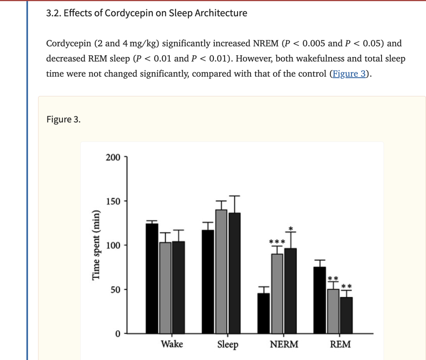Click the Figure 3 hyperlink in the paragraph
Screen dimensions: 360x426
[x=349, y=74]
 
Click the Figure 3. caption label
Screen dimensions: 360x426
[x=64, y=120]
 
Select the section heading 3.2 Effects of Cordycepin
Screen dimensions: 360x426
[x=147, y=13]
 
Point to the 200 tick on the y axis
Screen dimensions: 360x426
[x=114, y=157]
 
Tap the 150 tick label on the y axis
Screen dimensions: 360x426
[x=114, y=201]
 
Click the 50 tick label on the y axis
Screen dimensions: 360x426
[x=116, y=290]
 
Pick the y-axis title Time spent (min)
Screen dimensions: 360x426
[x=96, y=246]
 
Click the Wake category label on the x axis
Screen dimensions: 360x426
[x=172, y=344]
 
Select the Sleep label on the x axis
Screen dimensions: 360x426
[x=228, y=345]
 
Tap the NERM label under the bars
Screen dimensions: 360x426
[x=284, y=344]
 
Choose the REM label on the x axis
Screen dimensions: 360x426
[x=340, y=344]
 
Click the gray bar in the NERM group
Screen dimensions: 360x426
[x=277, y=293]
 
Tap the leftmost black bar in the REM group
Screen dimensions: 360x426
[x=319, y=300]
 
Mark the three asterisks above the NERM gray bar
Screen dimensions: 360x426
[x=277, y=241]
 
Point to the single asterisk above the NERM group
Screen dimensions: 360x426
[x=291, y=228]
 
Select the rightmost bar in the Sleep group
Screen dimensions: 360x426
[x=234, y=273]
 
